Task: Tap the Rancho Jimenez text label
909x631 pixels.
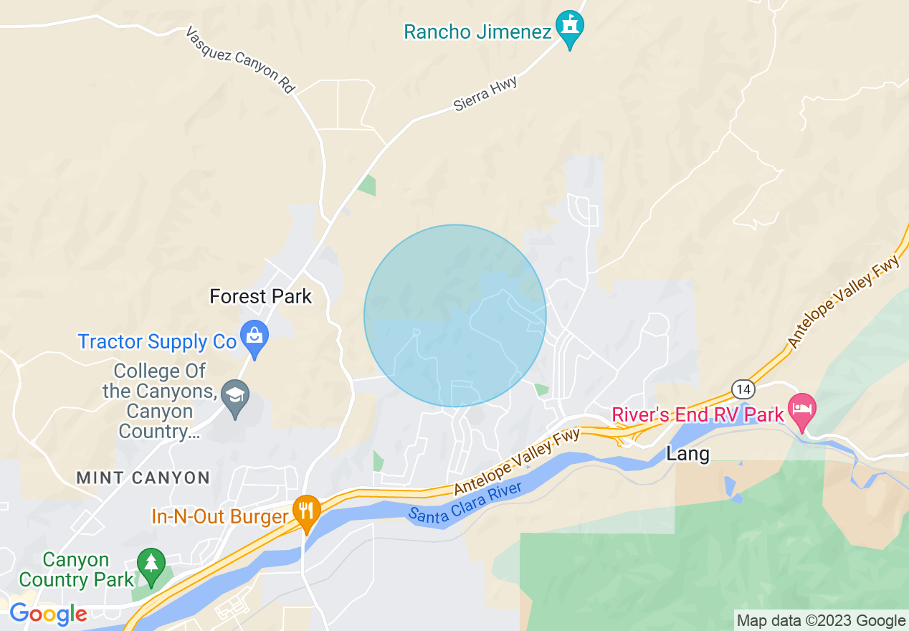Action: [477, 32]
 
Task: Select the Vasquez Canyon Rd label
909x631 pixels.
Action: [240, 60]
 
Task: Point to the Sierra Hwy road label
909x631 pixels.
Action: [485, 95]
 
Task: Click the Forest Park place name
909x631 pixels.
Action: [260, 296]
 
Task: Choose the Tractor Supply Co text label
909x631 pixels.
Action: [157, 342]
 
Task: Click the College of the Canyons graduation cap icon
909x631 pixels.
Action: [234, 395]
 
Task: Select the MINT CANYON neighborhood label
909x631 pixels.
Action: [143, 478]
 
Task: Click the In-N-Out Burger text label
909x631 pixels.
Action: [220, 516]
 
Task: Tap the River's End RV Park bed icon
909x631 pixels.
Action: [802, 409]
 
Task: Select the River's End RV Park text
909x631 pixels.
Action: [698, 414]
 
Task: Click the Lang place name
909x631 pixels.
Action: [687, 453]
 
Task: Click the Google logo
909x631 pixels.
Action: [48, 615]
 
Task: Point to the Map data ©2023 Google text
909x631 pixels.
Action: [822, 621]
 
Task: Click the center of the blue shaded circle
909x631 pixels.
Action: [455, 315]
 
